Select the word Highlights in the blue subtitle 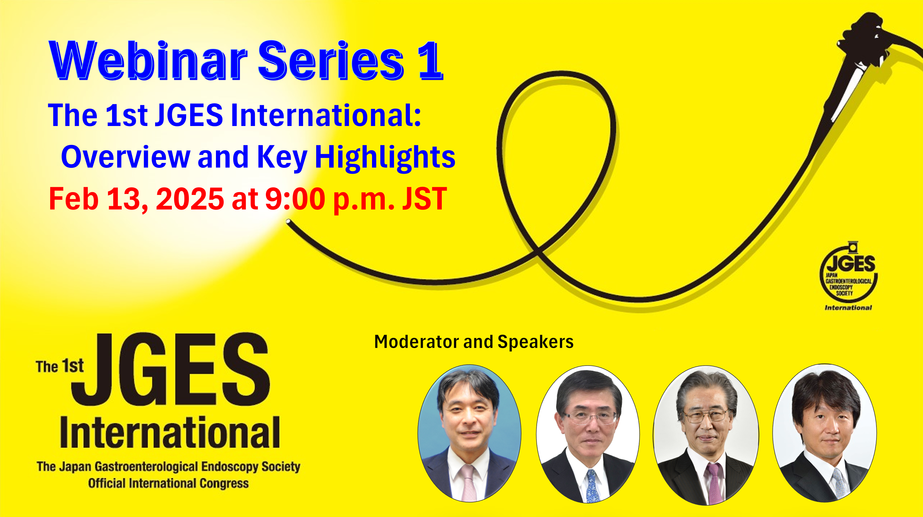point(385,158)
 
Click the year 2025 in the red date point(190,199)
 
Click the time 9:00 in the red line point(295,199)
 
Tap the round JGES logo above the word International point(849,272)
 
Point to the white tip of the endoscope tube point(288,222)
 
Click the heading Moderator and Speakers point(474,342)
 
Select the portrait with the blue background point(469,433)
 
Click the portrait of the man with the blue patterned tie point(588,434)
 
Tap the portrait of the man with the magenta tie point(706,435)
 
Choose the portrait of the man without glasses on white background point(824,433)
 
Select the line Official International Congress point(168,483)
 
